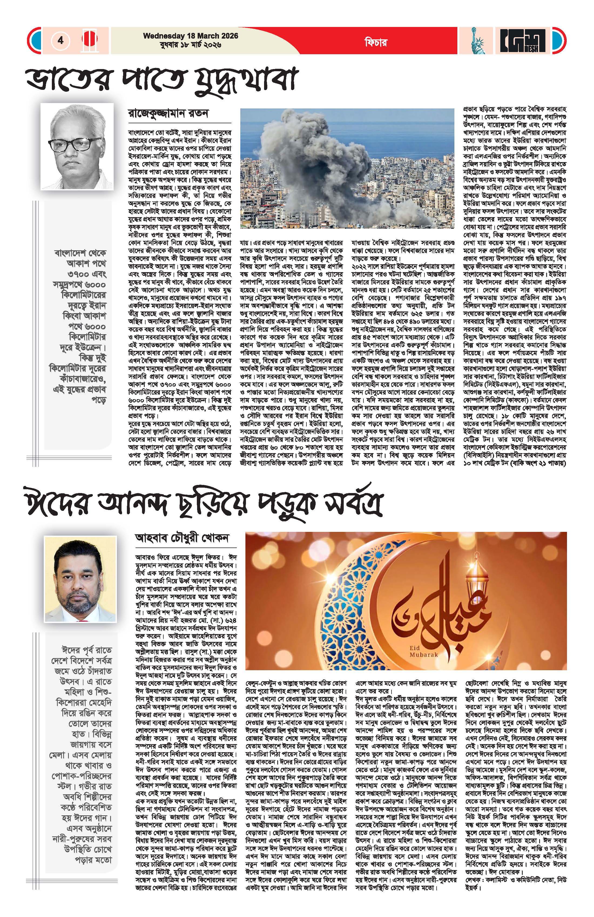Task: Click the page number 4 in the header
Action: (x=60, y=40)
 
